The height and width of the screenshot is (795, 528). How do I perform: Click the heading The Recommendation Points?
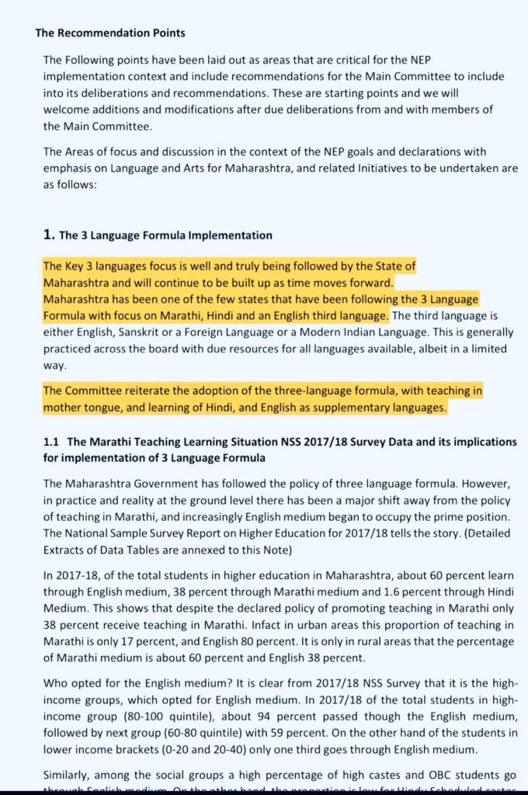(x=110, y=33)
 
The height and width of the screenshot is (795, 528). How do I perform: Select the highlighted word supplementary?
(x=360, y=406)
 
